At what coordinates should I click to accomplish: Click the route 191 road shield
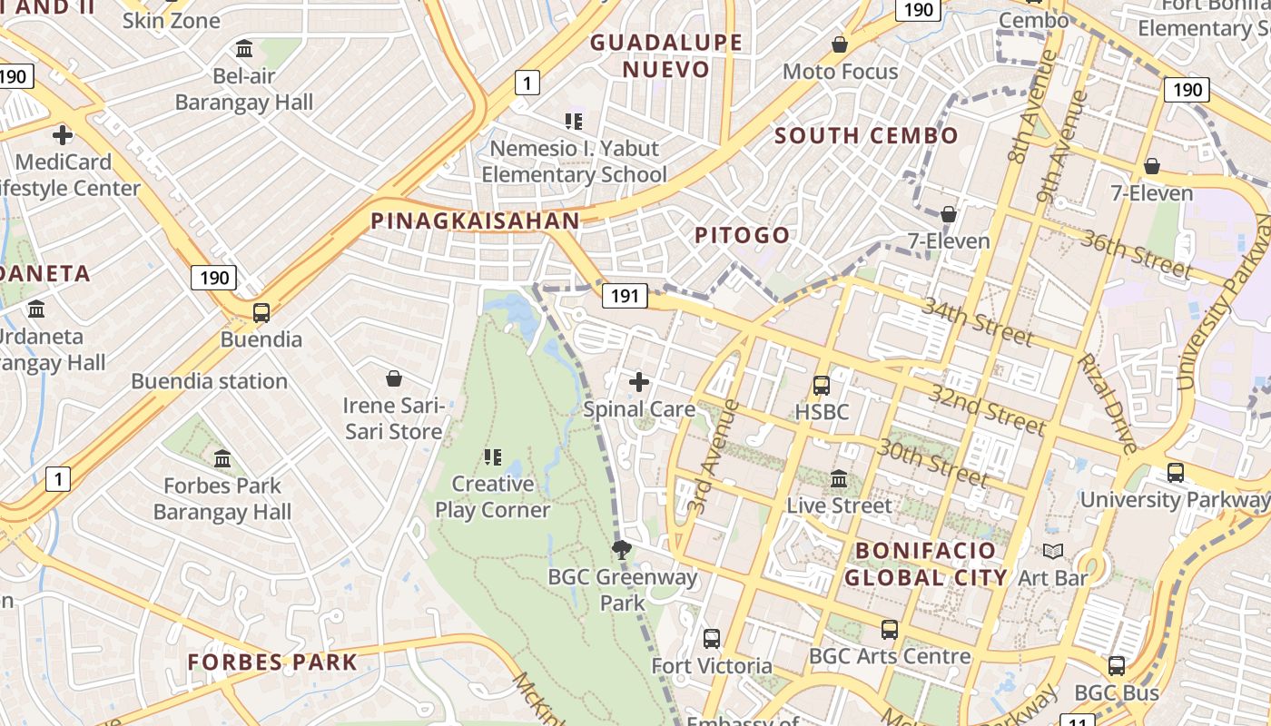pyautogui.click(x=624, y=295)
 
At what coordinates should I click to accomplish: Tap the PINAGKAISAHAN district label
pyautogui.click(x=475, y=221)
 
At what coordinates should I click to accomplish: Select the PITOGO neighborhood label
pyautogui.click(x=742, y=235)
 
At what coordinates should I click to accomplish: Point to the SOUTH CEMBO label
pyautogui.click(x=866, y=136)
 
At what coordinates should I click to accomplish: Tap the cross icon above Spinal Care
pyautogui.click(x=639, y=382)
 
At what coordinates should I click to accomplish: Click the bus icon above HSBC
pyautogui.click(x=822, y=386)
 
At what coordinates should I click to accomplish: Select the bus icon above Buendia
pyautogui.click(x=261, y=313)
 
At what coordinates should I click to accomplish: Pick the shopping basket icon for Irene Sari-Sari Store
pyautogui.click(x=394, y=378)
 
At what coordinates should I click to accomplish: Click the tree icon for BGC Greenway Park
pyautogui.click(x=622, y=549)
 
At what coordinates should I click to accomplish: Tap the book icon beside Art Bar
pyautogui.click(x=1053, y=551)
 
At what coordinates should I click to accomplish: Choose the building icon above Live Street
pyautogui.click(x=839, y=478)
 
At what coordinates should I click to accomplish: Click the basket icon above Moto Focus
pyautogui.click(x=840, y=44)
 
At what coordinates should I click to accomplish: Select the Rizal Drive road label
pyautogui.click(x=1107, y=402)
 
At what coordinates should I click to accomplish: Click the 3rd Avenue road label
pyautogui.click(x=714, y=456)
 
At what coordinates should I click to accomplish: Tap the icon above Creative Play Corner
pyautogui.click(x=493, y=456)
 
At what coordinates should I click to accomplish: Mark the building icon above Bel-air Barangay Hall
pyautogui.click(x=244, y=49)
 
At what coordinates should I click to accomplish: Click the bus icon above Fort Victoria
pyautogui.click(x=712, y=639)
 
